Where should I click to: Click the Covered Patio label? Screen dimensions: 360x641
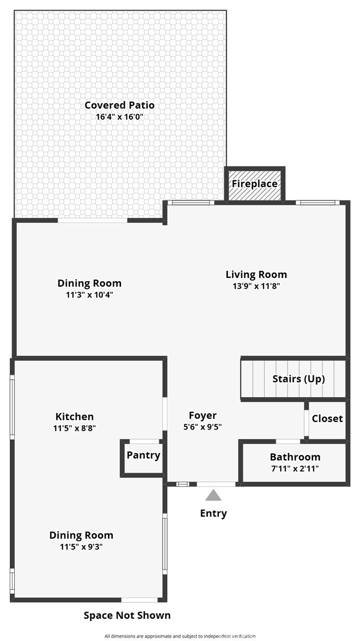tap(119, 105)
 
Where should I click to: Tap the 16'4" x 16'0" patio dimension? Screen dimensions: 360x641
tap(119, 116)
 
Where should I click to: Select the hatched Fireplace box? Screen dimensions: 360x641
tap(255, 184)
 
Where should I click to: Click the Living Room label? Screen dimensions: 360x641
tap(256, 274)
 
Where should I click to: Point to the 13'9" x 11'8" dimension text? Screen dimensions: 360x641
tap(256, 286)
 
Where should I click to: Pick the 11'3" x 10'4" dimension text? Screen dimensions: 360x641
tap(89, 295)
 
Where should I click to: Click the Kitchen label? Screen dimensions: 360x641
tap(74, 417)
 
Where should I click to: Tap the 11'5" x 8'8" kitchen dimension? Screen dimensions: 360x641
tap(74, 428)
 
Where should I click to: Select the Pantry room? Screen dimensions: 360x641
tap(143, 458)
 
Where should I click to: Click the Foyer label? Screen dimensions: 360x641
tap(203, 416)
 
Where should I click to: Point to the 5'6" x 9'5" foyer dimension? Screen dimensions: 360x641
tap(203, 427)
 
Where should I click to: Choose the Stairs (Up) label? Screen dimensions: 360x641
tap(299, 379)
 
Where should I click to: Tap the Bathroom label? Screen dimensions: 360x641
tap(295, 457)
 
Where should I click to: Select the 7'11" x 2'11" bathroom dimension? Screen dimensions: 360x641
tap(295, 469)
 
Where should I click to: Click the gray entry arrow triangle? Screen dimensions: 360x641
tap(213, 495)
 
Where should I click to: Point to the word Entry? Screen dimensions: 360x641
tap(213, 513)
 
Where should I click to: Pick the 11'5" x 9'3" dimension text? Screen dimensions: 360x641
tap(81, 547)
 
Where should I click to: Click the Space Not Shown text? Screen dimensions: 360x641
tap(127, 615)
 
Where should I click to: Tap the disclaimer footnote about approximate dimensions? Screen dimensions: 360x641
tap(180, 636)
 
